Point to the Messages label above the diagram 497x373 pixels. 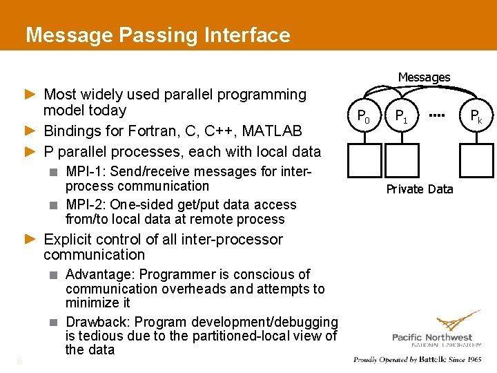coord(424,77)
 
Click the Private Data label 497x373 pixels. coord(420,189)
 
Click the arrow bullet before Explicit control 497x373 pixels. coord(30,239)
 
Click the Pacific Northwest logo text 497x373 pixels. coord(436,336)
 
